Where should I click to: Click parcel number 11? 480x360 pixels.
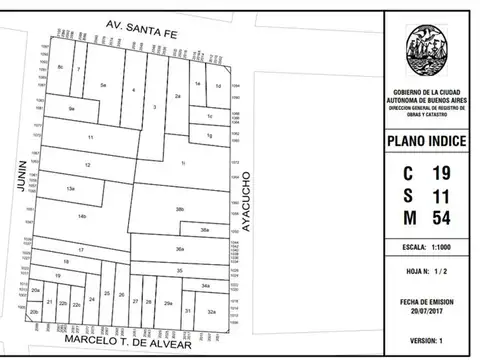tap(90, 136)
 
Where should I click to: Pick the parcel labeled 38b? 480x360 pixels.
tap(179, 209)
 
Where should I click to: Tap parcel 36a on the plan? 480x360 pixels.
tap(179, 248)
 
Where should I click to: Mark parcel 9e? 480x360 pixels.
tap(71, 108)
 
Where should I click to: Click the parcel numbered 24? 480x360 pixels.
tap(91, 299)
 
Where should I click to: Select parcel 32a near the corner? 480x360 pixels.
tap(211, 312)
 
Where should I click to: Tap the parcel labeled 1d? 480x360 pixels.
tap(217, 86)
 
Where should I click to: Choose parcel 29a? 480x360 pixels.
tap(168, 302)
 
